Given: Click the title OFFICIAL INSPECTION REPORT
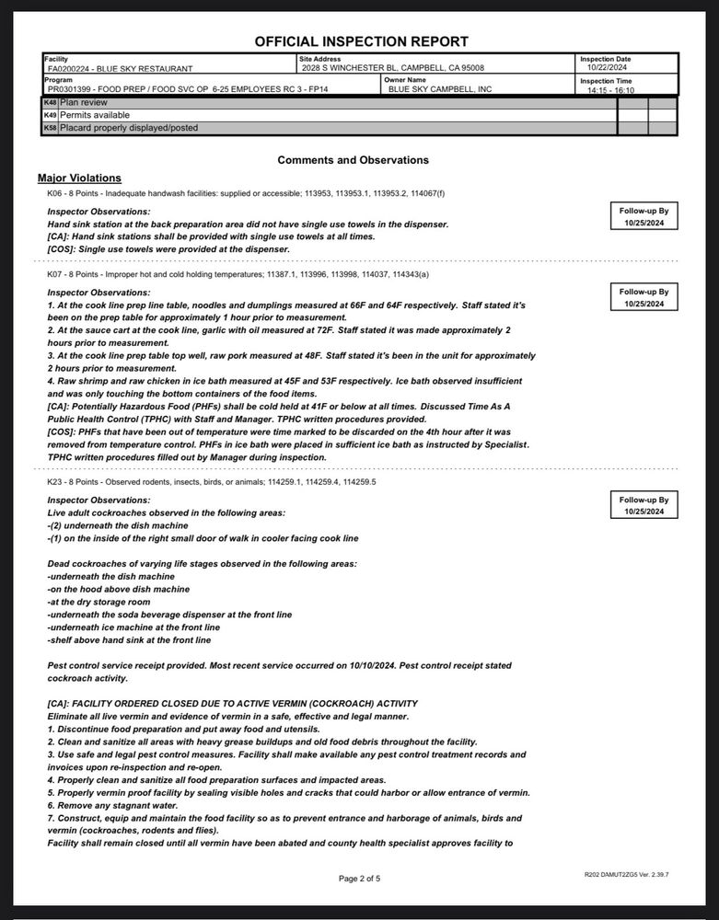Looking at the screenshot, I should coord(361,41).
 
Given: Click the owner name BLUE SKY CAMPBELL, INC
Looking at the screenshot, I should coord(440,89).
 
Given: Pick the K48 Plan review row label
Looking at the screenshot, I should coord(84,103).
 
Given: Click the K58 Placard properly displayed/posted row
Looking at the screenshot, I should coord(128,128).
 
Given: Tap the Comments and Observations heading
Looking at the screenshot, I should coord(353,160).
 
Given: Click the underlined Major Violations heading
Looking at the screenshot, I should coord(79,178).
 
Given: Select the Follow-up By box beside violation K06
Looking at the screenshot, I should coord(644,217).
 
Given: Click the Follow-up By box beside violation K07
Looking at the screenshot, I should coord(644,297).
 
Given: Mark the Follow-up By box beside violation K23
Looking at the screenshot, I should coord(644,505).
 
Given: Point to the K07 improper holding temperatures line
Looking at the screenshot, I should coord(238,274).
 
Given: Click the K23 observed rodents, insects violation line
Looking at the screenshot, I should coord(212,481).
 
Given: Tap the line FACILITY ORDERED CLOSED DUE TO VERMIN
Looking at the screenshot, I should coord(232,704).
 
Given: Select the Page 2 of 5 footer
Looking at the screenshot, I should coord(359,879).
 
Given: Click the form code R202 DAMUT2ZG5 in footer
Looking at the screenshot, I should coord(625,874).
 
